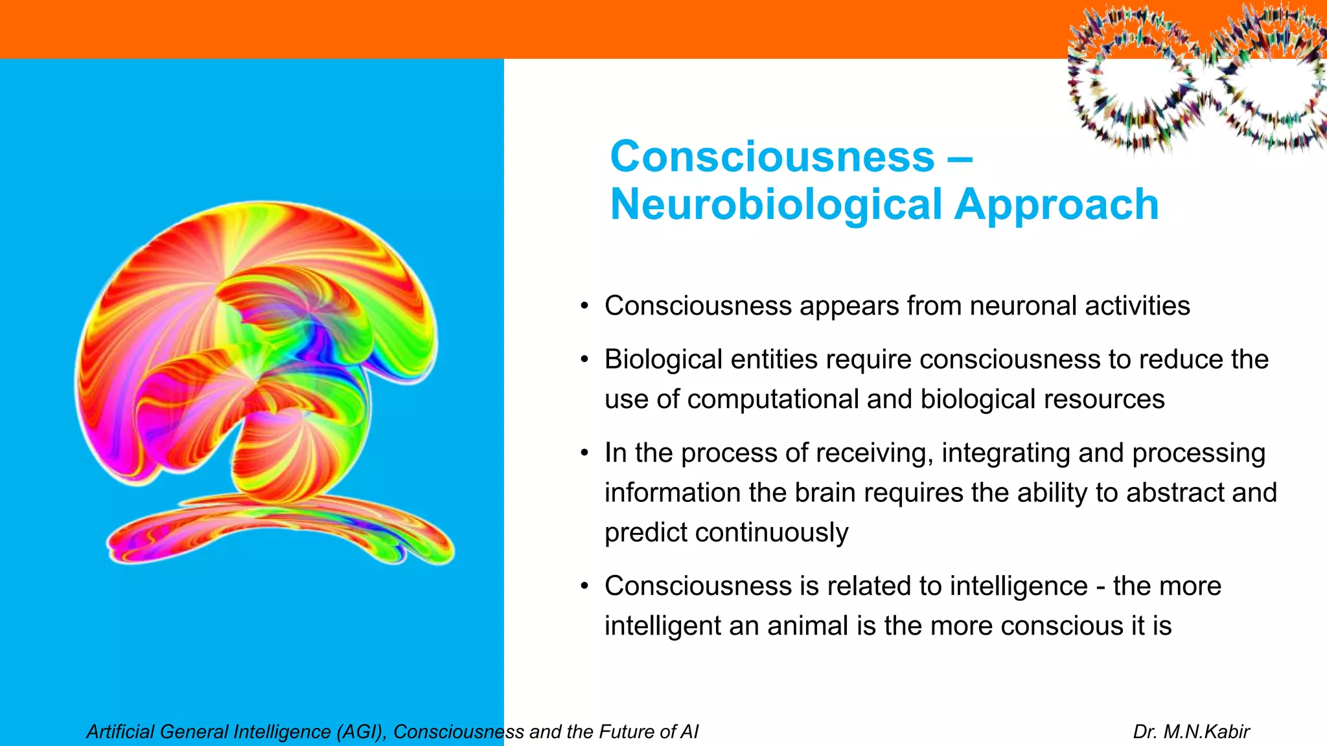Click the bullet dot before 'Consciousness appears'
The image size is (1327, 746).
[x=584, y=306]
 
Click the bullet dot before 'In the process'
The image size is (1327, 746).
[x=584, y=453]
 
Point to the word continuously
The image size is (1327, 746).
[x=771, y=533]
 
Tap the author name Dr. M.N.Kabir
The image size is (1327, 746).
[x=1191, y=732]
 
